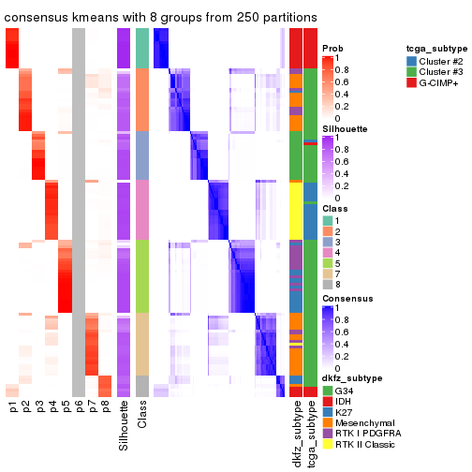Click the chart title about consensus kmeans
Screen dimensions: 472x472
pyautogui.click(x=160, y=18)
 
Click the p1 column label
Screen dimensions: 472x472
pyautogui.click(x=13, y=407)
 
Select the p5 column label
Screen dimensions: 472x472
pyautogui.click(x=66, y=407)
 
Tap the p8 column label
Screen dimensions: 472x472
pyautogui.click(x=105, y=407)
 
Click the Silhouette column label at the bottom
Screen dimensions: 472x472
pyautogui.click(x=125, y=426)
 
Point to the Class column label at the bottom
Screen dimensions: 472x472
pyautogui.click(x=142, y=417)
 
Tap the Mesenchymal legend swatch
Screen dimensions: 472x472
pyautogui.click(x=327, y=422)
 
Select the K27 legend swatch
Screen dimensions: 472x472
pyautogui.click(x=327, y=411)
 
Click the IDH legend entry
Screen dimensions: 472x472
pyautogui.click(x=343, y=400)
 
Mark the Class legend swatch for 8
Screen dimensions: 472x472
pyautogui.click(x=327, y=285)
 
